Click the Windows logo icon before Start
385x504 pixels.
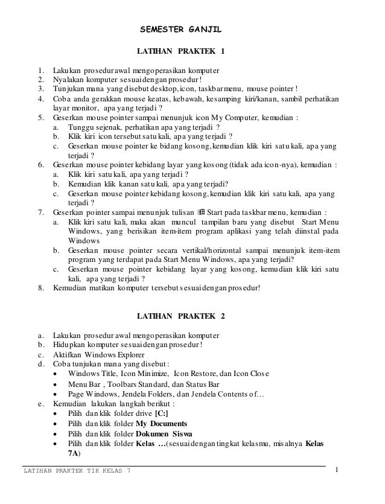202,212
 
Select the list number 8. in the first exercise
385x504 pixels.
41,289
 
